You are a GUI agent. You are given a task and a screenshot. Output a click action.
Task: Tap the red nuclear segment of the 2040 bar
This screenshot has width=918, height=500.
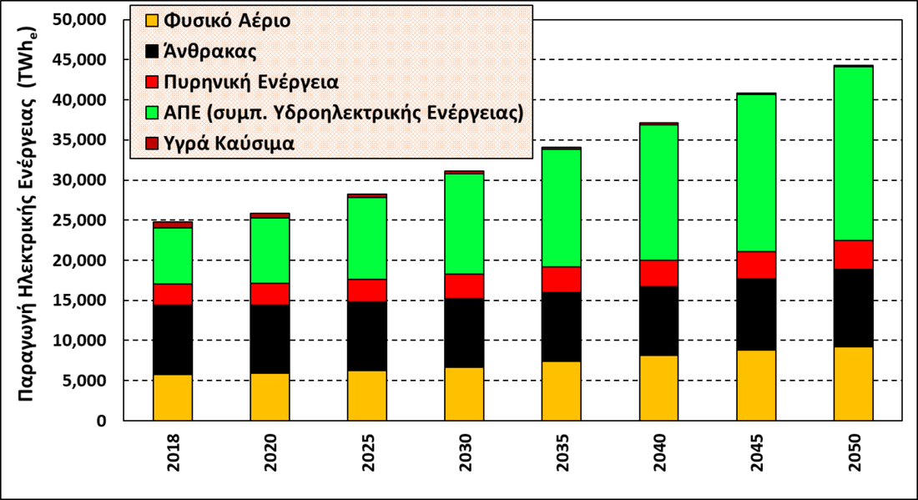click(x=658, y=273)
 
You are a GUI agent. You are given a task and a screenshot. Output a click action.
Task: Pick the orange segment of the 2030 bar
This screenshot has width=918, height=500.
click(x=465, y=394)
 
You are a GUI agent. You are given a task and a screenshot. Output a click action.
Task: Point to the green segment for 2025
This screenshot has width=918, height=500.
click(x=367, y=238)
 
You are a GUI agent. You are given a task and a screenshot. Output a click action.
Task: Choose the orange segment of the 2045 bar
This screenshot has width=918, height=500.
click(x=756, y=386)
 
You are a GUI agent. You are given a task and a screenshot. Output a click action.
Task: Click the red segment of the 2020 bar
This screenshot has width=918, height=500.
click(x=270, y=294)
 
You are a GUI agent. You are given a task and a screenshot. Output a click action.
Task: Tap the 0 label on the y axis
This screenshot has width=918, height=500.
click(x=102, y=422)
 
